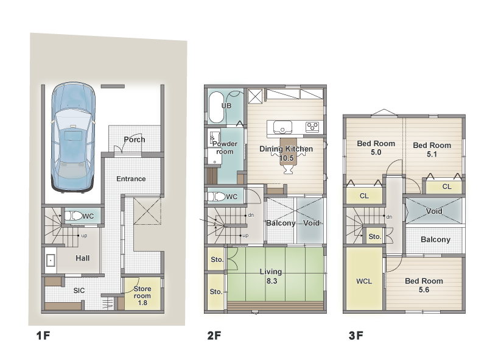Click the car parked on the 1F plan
(73, 138)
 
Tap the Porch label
(135, 139)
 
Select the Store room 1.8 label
(142, 295)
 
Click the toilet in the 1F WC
(73, 216)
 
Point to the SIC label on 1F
(79, 291)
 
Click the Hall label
(83, 258)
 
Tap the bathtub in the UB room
(216, 108)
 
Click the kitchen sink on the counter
(282, 127)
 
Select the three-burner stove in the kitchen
(312, 127)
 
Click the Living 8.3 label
(271, 277)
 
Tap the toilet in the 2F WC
(216, 197)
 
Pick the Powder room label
(225, 147)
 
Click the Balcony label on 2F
(281, 223)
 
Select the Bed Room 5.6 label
(424, 286)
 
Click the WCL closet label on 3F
(364, 281)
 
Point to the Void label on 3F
(434, 211)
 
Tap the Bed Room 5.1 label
(432, 149)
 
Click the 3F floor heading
(356, 336)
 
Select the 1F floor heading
(43, 336)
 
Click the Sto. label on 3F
(375, 236)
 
